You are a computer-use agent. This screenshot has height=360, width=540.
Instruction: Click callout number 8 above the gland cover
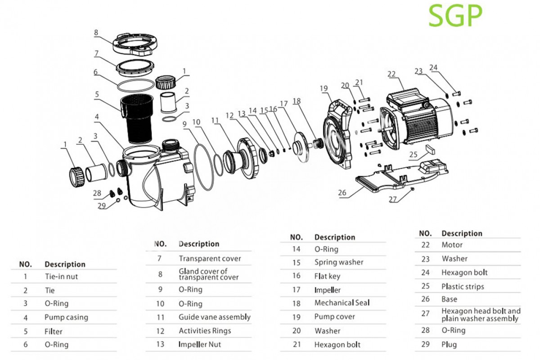click(96, 32)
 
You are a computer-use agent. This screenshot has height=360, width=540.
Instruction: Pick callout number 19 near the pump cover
click(324, 89)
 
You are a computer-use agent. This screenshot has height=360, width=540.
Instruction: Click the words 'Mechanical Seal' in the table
click(342, 303)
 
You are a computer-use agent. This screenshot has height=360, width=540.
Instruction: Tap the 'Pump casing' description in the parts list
click(66, 317)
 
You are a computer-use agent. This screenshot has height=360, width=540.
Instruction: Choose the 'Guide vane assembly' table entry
click(215, 317)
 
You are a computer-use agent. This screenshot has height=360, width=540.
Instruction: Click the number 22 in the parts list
click(425, 245)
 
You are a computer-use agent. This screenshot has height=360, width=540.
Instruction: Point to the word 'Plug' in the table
click(449, 345)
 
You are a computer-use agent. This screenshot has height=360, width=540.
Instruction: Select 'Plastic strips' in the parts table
click(463, 286)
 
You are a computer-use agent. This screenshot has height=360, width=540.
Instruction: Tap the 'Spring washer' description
click(339, 262)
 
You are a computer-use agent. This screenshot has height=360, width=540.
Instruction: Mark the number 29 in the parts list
click(425, 345)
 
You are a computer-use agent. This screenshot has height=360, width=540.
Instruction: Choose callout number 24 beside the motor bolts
click(433, 68)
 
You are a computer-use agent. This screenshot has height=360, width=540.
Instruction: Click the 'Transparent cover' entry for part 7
click(210, 259)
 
